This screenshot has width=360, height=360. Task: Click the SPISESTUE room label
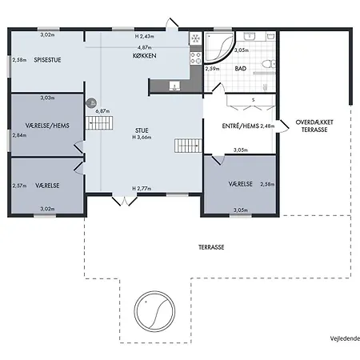point(47,60)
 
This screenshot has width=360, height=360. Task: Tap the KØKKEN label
point(145,56)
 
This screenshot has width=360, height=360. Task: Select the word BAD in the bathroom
point(241,69)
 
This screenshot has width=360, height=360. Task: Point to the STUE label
point(142,130)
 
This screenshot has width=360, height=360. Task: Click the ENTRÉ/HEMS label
point(241,126)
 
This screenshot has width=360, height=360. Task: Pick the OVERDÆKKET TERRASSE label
point(314,126)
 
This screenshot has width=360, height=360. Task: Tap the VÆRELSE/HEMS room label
point(47,126)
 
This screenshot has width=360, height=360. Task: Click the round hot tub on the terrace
point(154,311)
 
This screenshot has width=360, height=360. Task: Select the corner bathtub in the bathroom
point(220,47)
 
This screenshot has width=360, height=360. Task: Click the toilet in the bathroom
point(268,64)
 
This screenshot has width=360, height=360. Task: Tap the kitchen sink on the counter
point(174,86)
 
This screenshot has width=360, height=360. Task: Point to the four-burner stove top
point(195,58)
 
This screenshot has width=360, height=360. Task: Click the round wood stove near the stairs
point(91,102)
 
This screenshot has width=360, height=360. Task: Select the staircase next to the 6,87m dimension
point(99,123)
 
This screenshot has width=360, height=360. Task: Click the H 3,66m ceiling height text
point(142,138)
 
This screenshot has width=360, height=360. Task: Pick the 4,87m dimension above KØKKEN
point(145,47)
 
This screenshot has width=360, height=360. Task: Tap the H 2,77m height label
point(142,189)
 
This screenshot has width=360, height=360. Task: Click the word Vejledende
point(345,338)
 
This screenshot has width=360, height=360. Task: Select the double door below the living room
point(124,201)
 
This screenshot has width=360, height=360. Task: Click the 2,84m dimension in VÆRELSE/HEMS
point(19,135)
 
